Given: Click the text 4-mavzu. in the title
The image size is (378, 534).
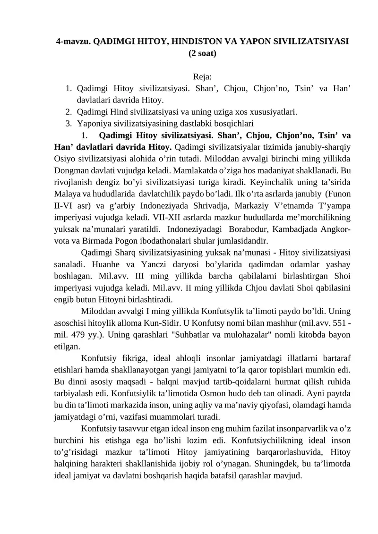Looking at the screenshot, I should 73,41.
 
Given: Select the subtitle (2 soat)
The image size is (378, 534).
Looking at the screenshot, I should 202,53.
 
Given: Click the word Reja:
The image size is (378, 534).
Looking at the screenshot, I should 202,77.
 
